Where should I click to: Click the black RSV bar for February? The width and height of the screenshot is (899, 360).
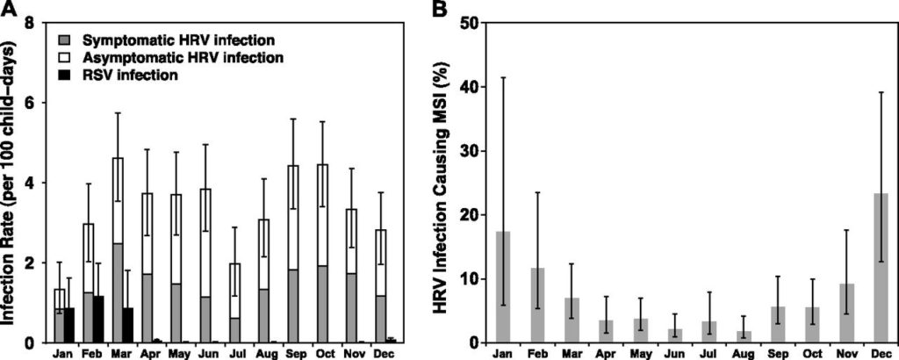point(98,320)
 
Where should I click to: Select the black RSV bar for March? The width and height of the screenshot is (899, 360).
point(128,325)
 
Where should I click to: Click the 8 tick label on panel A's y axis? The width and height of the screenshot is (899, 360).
point(31,23)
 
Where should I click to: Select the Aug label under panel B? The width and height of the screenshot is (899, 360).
point(720,353)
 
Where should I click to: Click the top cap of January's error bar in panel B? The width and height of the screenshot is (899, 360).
point(503,78)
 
